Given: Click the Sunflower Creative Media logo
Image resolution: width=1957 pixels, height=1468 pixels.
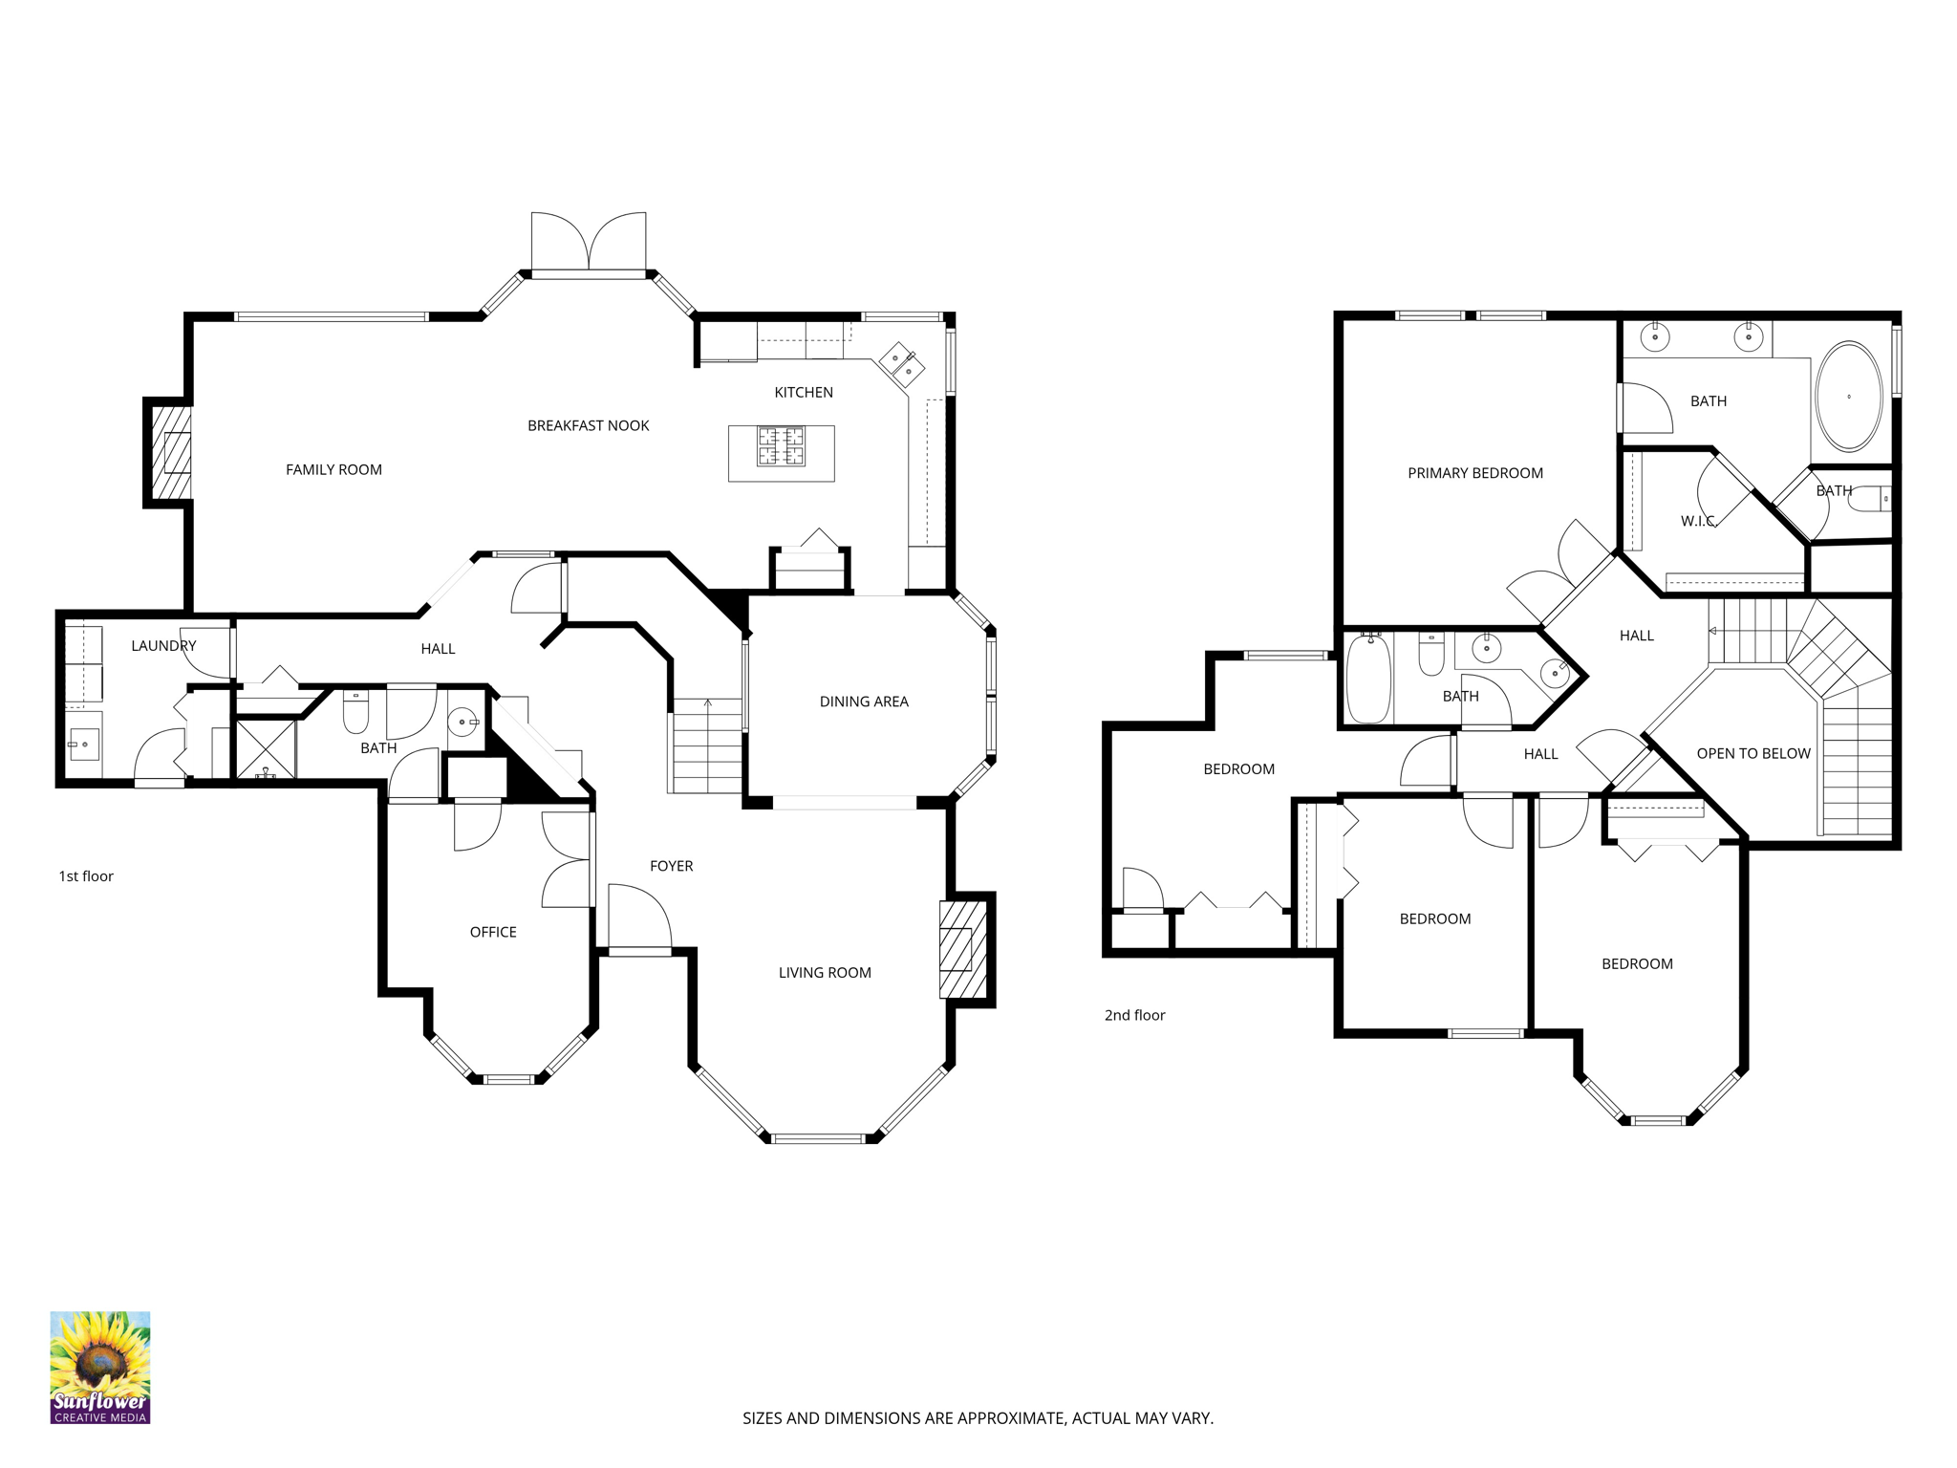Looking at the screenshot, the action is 100,1367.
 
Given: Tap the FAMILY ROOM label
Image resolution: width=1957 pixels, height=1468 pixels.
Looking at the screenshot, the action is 333,469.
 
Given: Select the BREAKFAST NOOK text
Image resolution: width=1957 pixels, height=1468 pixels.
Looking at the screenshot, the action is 588,425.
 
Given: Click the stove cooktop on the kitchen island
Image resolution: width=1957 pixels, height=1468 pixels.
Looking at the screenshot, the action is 781,446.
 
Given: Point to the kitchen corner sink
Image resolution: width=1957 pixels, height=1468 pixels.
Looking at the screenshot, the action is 902,364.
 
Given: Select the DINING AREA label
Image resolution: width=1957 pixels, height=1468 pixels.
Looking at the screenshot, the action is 864,702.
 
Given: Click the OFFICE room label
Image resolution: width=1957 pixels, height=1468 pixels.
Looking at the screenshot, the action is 493,932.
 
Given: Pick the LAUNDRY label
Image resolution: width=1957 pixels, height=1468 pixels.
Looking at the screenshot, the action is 163,646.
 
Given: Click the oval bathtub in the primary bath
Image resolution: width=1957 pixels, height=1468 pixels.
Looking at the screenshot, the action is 1848,396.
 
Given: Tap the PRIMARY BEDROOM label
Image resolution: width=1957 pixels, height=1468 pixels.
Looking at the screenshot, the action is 1475,473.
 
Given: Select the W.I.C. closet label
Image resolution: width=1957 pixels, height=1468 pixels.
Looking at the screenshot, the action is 1698,521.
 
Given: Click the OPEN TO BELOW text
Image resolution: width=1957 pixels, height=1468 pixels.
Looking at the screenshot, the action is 1753,753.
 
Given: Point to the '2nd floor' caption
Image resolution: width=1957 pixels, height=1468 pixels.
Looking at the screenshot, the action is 1135,1015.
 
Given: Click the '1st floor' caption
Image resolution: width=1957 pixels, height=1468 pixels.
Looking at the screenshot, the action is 86,876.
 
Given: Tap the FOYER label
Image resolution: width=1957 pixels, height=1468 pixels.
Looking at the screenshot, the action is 671,866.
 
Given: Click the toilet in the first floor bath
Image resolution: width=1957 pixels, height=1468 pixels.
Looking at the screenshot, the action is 355,711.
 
